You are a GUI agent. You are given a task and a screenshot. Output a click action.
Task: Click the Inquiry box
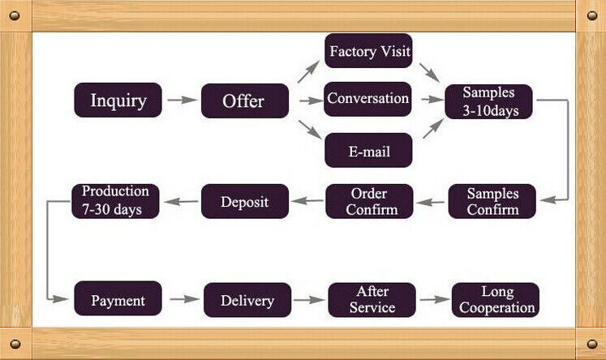pyautogui.click(x=118, y=101)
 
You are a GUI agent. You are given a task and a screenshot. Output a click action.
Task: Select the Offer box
pyautogui.click(x=244, y=101)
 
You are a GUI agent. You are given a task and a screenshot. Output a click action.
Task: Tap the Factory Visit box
pyautogui.click(x=368, y=51)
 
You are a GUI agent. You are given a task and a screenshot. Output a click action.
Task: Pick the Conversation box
pyautogui.click(x=367, y=99)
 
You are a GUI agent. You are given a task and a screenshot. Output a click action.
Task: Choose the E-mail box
pyautogui.click(x=368, y=151)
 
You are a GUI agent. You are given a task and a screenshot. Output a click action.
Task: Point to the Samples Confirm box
pyautogui.click(x=492, y=201)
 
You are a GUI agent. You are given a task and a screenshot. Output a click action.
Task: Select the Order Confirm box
pyautogui.click(x=369, y=201)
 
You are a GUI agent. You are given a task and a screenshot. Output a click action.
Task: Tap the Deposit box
pyautogui.click(x=244, y=201)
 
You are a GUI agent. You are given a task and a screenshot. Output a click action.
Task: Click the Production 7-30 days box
pyautogui.click(x=115, y=200)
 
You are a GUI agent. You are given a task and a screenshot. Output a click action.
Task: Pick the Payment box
pyautogui.click(x=118, y=299)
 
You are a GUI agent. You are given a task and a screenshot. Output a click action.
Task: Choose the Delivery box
pyautogui.click(x=247, y=300)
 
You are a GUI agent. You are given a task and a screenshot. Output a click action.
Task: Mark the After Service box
pyautogui.click(x=372, y=299)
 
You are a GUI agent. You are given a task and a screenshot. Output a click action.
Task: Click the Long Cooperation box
pyautogui.click(x=495, y=299)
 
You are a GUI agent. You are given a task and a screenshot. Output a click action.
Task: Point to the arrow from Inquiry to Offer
pyautogui.click(x=182, y=101)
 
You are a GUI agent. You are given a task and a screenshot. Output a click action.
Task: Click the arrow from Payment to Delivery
pyautogui.click(x=185, y=299)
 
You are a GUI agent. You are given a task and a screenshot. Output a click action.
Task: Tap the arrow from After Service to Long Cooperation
pyautogui.click(x=434, y=299)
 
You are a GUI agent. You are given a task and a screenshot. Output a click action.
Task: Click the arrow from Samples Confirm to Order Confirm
pyautogui.click(x=431, y=201)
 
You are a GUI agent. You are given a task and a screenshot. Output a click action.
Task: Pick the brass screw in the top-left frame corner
pyautogui.click(x=15, y=15)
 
